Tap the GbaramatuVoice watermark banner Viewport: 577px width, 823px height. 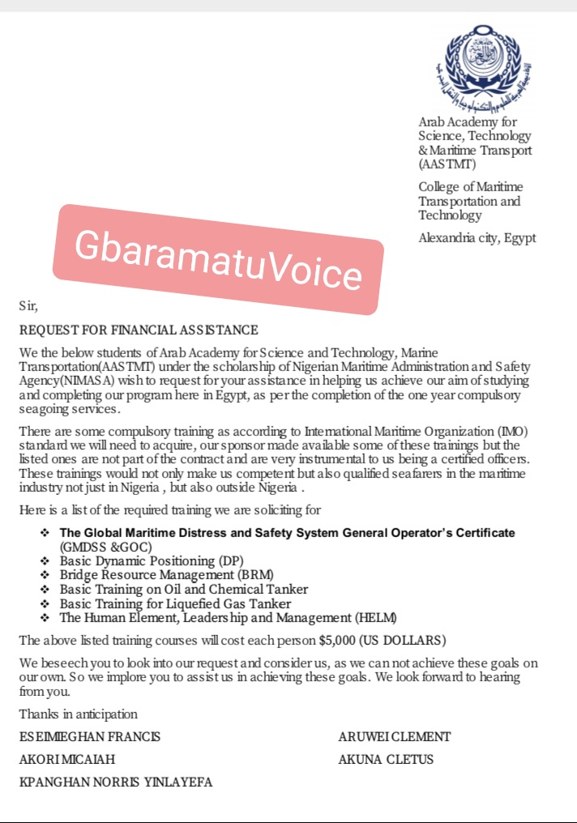(216, 258)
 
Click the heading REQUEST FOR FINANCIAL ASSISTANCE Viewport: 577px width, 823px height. (139, 330)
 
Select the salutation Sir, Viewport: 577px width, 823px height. (28, 306)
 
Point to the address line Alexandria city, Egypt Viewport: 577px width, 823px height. (477, 238)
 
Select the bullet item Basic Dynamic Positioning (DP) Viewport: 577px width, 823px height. (152, 561)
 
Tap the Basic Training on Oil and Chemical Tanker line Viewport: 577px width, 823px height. (184, 589)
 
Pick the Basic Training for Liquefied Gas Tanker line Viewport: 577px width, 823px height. (175, 603)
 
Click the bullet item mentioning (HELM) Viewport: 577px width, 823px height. (229, 617)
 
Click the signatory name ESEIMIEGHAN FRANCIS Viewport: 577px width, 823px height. (90, 737)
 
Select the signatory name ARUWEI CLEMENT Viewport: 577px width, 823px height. (394, 737)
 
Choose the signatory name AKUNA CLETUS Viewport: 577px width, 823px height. (386, 760)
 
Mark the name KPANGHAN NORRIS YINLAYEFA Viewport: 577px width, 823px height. (116, 782)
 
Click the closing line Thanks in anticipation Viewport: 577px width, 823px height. (79, 714)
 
